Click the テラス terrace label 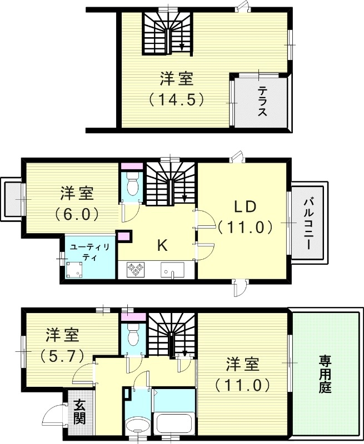[x=262, y=102]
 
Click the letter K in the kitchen [x=162, y=245]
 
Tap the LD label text [x=244, y=206]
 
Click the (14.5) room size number [x=177, y=99]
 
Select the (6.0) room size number [x=77, y=213]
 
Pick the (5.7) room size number [x=62, y=355]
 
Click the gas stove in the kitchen [x=136, y=270]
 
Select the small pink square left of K [x=124, y=236]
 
